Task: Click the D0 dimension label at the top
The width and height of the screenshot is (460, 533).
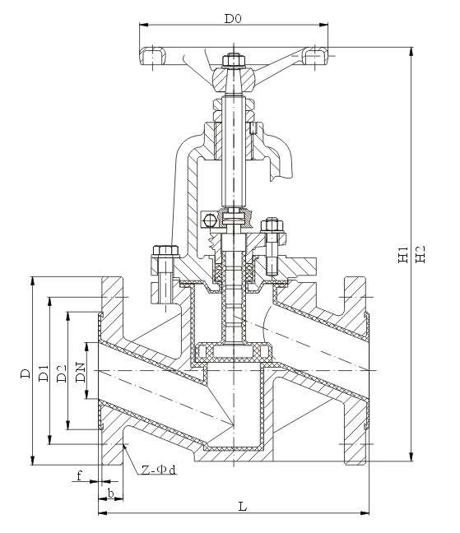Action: [x=233, y=18]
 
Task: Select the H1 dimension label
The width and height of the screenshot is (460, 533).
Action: [x=403, y=254]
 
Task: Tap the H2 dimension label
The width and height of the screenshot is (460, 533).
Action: [x=421, y=253]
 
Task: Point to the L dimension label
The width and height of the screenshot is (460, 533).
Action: [x=242, y=507]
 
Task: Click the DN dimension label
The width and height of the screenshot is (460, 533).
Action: [x=81, y=373]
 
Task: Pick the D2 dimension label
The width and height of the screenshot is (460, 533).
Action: [x=62, y=373]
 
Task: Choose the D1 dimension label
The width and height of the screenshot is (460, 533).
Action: [x=44, y=373]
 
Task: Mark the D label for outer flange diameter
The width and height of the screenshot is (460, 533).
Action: [x=26, y=373]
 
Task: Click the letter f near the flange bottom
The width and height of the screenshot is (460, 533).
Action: [x=79, y=475]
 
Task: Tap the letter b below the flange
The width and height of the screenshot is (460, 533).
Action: [x=111, y=493]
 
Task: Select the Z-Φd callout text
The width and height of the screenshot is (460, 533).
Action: [x=159, y=470]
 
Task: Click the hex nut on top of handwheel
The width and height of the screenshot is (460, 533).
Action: [x=234, y=61]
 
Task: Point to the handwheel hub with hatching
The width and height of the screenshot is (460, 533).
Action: [x=234, y=80]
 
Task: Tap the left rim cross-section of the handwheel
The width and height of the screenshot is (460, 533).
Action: [x=153, y=56]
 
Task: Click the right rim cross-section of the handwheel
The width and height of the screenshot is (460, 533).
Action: [x=315, y=56]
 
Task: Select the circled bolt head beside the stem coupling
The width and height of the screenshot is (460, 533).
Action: [x=210, y=221]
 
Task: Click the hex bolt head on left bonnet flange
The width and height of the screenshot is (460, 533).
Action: [x=165, y=251]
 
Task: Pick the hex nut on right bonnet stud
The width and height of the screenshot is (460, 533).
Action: [x=272, y=225]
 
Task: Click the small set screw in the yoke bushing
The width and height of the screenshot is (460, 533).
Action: [x=253, y=128]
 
